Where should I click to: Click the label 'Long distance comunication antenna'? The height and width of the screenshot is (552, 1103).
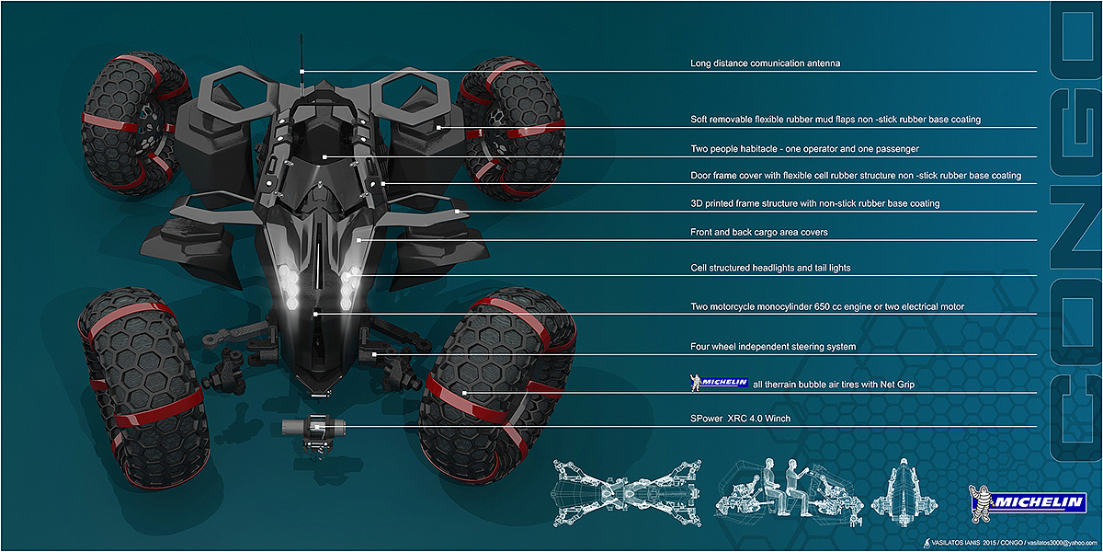[x=765, y=63]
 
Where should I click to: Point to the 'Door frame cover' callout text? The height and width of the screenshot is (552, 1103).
[x=855, y=175]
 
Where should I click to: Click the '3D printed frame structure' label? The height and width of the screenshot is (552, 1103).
[x=814, y=203]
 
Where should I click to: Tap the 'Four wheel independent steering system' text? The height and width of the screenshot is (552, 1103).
[x=773, y=347]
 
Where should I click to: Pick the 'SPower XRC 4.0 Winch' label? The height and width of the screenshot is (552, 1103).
[x=740, y=419]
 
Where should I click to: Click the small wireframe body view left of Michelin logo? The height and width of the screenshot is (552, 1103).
[x=907, y=488]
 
